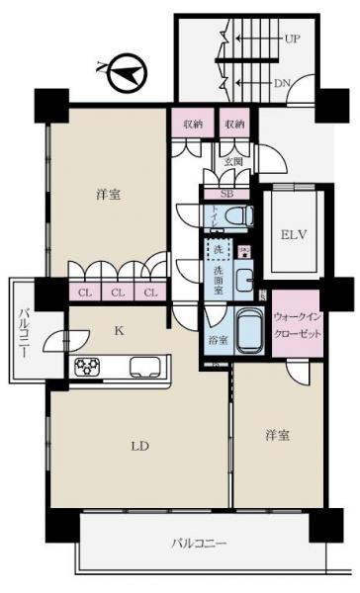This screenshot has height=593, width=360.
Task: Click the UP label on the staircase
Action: point(293,40)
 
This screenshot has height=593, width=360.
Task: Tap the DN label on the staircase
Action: point(282,83)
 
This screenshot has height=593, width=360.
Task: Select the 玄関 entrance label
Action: point(232,162)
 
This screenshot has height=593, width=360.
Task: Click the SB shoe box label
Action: point(227,195)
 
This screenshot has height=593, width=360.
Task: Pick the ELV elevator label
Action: point(294,235)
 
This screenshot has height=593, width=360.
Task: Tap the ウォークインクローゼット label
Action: point(296,324)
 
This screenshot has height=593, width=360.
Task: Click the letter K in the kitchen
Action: point(119,333)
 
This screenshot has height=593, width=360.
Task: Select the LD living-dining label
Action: point(140,447)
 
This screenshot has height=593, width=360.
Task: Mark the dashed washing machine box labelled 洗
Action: point(218,251)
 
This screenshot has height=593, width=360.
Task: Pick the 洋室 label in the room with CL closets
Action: point(109,195)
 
